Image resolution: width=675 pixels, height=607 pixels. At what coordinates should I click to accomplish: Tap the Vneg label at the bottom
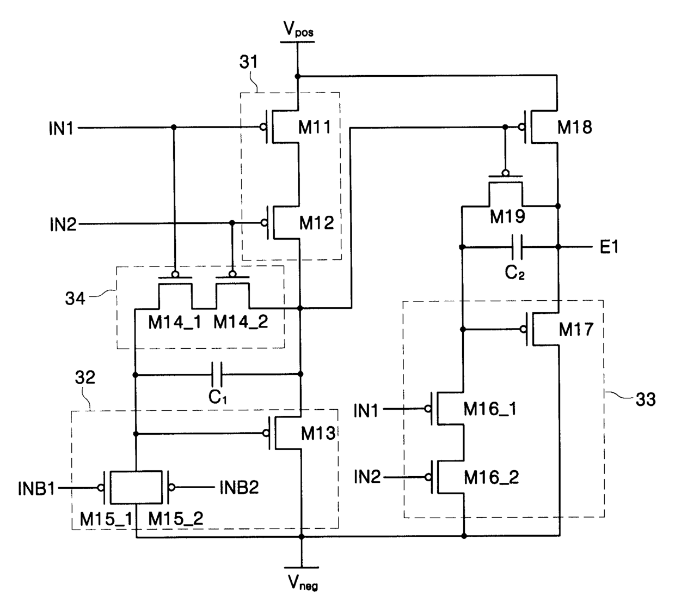tap(303, 582)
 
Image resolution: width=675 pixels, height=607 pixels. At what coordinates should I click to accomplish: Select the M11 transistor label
tap(315, 127)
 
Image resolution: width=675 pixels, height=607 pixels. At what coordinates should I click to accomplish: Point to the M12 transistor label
tap(316, 223)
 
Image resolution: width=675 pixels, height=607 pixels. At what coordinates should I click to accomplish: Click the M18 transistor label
tap(575, 127)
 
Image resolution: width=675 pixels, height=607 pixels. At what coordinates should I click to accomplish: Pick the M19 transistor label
tap(507, 216)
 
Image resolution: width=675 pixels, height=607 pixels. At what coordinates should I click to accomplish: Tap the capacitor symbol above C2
tap(517, 247)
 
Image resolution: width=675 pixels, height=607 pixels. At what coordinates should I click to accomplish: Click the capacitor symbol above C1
tap(217, 374)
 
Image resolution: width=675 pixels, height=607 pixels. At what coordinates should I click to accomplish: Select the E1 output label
tap(609, 247)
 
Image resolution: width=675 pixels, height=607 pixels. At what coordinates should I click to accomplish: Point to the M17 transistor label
tap(576, 329)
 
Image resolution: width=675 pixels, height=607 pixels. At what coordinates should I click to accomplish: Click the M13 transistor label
tap(318, 433)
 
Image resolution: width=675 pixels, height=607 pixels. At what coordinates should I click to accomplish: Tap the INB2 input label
tap(239, 488)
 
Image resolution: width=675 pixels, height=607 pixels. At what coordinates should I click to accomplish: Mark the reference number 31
tap(249, 62)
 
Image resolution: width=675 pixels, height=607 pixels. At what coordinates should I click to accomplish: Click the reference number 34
tap(75, 298)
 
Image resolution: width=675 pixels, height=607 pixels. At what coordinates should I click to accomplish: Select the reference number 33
tap(646, 399)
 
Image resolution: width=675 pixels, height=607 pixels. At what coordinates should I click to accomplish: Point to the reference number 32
tap(85, 378)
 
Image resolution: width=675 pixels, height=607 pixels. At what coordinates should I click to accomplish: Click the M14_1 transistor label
tap(175, 323)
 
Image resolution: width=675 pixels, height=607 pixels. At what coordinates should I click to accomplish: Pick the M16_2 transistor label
tap(492, 478)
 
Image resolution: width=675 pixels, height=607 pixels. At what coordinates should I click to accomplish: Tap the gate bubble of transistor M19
tap(505, 173)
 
